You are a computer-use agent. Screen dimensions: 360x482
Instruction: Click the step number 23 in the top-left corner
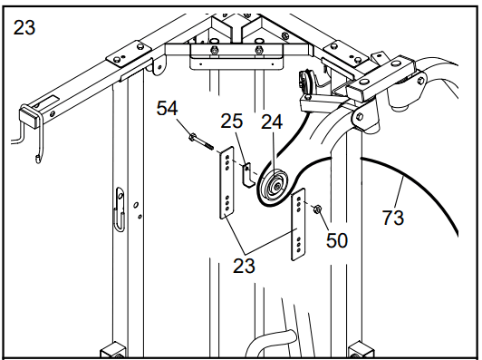(24, 27)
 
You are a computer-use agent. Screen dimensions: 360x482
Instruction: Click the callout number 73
(393, 217)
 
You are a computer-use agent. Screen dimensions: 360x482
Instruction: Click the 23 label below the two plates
(243, 266)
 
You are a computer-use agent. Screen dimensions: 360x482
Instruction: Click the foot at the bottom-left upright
(112, 349)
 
